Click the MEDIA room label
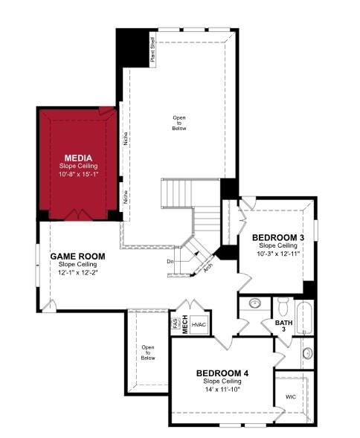78,158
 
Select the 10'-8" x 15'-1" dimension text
78,174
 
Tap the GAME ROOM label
77,256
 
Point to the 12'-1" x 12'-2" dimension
77,272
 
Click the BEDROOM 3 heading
278,237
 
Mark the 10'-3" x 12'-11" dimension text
278,254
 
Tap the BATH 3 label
284,326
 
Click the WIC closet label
291,397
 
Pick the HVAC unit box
199,324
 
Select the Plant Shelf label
152,55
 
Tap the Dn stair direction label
170,261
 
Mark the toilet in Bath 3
283,305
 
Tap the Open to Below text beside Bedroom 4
148,352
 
